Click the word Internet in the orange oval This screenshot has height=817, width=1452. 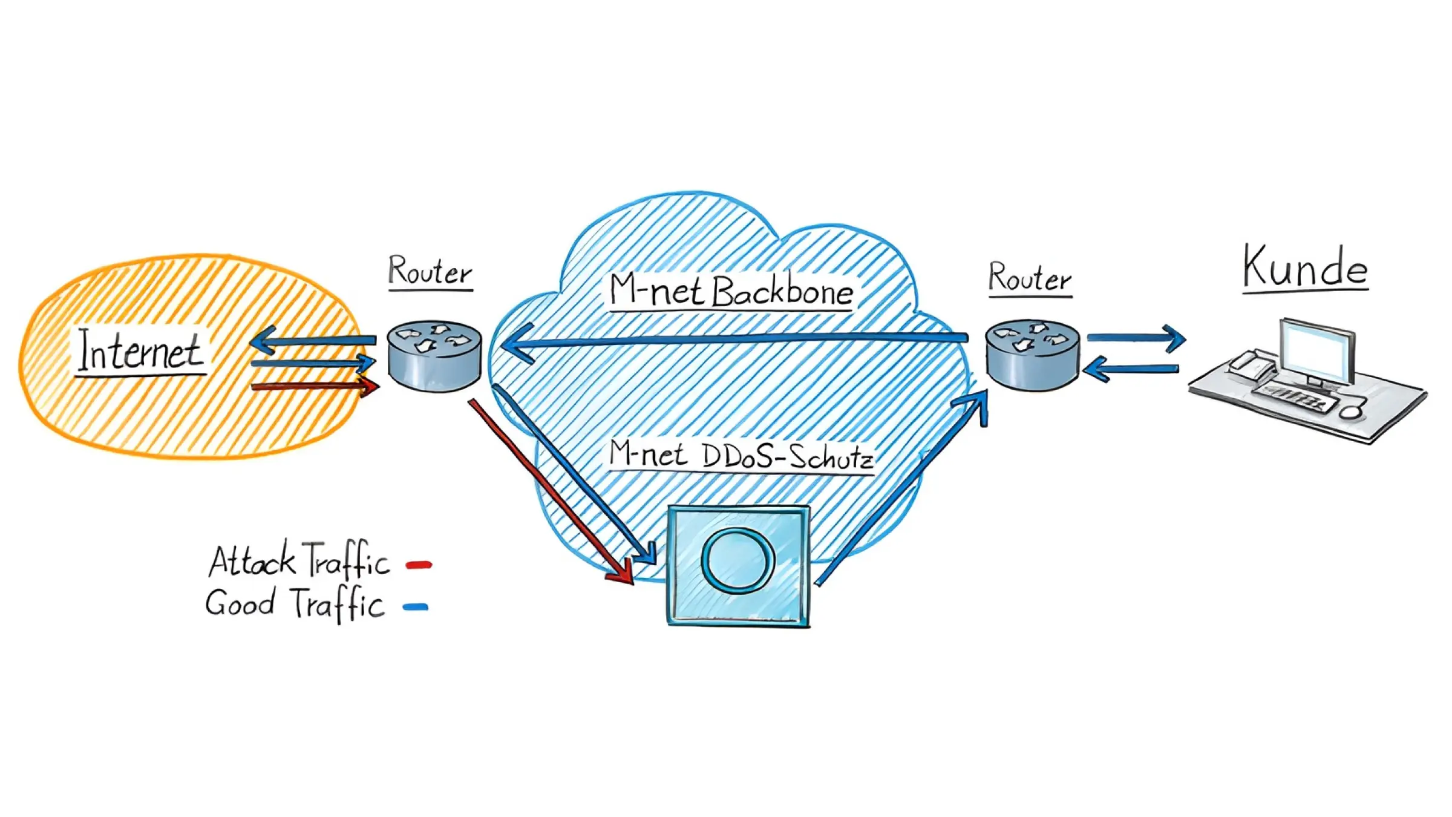(140, 350)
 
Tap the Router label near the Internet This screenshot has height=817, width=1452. (430, 271)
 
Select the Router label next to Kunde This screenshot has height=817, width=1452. (1030, 278)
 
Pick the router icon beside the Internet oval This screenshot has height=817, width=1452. (434, 356)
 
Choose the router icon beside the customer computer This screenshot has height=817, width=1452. (1033, 355)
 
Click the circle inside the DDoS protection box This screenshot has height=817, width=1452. (738, 559)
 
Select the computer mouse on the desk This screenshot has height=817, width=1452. (1351, 412)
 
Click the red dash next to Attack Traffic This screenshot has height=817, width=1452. (419, 565)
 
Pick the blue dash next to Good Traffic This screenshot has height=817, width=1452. (416, 607)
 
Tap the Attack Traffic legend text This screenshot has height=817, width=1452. (299, 560)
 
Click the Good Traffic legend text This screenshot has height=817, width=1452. (295, 603)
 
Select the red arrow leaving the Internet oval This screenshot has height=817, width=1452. (315, 386)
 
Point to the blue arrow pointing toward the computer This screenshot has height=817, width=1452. (1137, 337)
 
